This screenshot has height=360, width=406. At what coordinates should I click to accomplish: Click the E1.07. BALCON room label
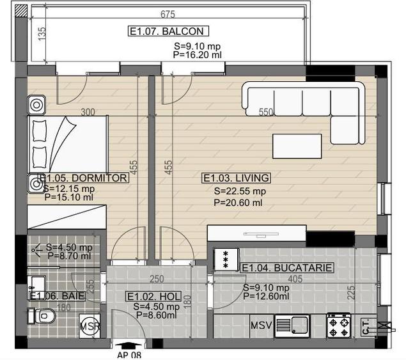pos(168,31)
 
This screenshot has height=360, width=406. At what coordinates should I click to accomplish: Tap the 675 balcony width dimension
pos(168,14)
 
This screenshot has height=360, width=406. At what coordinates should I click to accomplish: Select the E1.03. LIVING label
pos(236,178)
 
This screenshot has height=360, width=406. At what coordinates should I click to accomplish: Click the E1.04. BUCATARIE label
pos(286,268)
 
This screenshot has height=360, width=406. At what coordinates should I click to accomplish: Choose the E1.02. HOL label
pos(154,297)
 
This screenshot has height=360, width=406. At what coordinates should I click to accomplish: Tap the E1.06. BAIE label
pos(57,296)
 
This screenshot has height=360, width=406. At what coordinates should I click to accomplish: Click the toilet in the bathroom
pos(42,316)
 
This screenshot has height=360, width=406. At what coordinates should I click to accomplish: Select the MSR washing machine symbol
pos(90,326)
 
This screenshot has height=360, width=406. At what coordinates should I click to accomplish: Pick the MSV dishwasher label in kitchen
pos(262,325)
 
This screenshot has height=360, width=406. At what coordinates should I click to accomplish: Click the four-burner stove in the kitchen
pos(339,326)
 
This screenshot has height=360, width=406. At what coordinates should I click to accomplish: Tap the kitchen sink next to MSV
pos(292,326)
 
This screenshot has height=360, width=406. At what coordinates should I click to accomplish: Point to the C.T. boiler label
pos(366,327)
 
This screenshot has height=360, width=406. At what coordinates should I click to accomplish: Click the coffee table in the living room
pos(297,146)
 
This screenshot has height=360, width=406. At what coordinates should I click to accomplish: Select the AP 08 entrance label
pos(129,355)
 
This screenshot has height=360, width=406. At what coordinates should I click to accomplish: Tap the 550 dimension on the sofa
pos(266,112)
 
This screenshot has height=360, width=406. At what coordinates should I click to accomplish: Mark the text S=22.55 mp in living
pos(240,191)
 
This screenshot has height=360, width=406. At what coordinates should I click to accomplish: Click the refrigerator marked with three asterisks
pos(226,260)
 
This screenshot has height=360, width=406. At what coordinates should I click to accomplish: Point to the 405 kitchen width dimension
pos(295,279)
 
